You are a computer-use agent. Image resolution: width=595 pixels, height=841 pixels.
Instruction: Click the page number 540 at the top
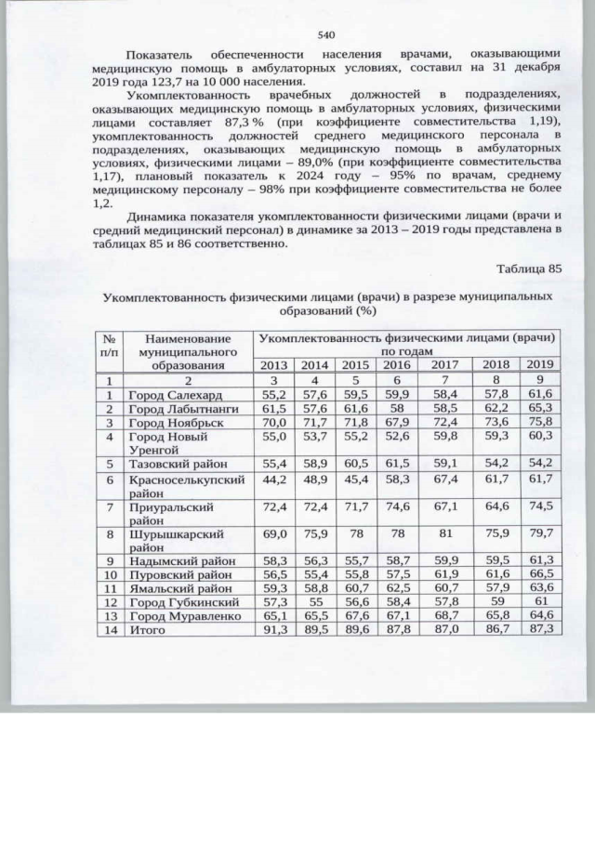325,34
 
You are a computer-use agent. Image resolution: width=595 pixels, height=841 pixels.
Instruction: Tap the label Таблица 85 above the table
530,269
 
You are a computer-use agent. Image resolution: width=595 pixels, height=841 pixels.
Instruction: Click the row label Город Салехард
176,394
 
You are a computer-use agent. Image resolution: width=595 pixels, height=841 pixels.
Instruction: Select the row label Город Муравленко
185,615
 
